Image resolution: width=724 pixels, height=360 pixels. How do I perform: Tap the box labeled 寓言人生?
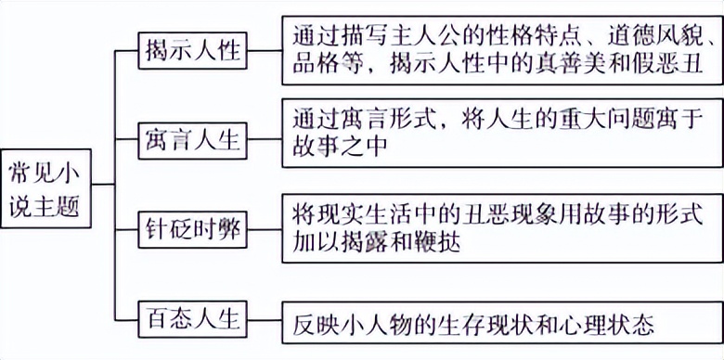click(193, 140)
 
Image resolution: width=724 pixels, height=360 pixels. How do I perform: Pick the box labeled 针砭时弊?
click(193, 229)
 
